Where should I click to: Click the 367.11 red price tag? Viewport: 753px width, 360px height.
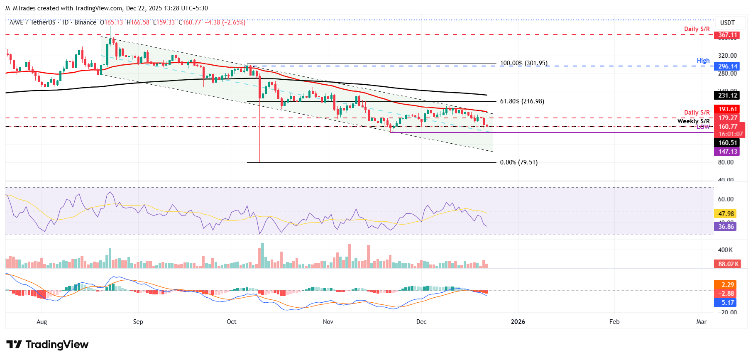coord(728,35)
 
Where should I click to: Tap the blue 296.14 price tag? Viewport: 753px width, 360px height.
coord(728,66)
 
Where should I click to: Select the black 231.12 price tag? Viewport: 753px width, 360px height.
coord(728,96)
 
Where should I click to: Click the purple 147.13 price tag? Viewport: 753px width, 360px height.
coord(728,152)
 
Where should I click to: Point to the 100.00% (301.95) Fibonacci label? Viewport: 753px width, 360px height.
coord(523,64)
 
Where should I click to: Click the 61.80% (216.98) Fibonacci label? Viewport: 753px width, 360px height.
coord(522,101)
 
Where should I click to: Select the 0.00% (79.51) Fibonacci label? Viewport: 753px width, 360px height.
coord(518,162)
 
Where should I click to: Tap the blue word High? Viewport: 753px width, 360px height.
coord(703,61)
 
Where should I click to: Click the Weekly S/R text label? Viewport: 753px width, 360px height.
coord(693,121)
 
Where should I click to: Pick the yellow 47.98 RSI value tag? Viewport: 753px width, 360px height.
coord(726,214)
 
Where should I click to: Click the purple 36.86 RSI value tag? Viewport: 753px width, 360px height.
coord(726,226)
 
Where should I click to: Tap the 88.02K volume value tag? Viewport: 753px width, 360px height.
coord(728,264)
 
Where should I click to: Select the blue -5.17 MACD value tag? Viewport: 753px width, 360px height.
coord(726,303)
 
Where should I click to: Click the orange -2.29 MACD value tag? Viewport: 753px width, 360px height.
coord(726,285)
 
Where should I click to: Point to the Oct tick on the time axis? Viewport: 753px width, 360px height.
coord(231,322)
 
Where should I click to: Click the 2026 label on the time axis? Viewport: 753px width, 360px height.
coord(518,322)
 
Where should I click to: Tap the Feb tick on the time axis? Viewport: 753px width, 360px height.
coord(614,322)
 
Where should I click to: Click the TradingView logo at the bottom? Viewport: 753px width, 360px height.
coord(47,345)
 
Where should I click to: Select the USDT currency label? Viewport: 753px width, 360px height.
coord(727,23)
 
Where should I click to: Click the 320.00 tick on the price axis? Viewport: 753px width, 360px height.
coord(727,56)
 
